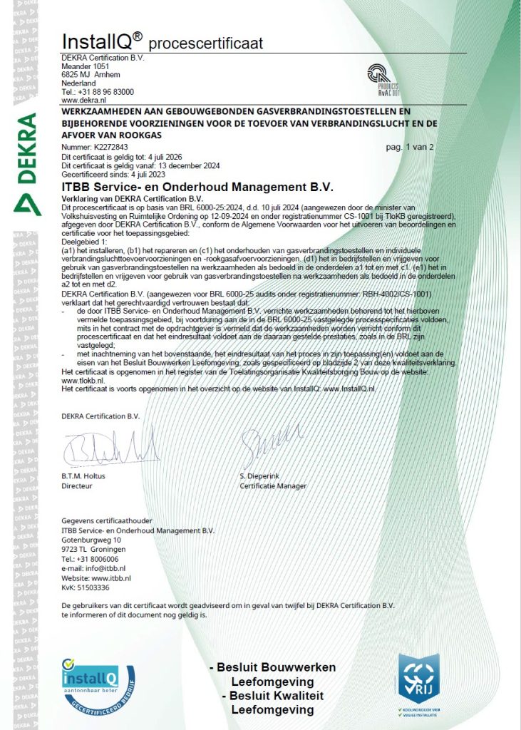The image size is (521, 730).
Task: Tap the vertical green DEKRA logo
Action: pyautogui.click(x=26, y=164)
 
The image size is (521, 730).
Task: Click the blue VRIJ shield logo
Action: pyautogui.click(x=423, y=677)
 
